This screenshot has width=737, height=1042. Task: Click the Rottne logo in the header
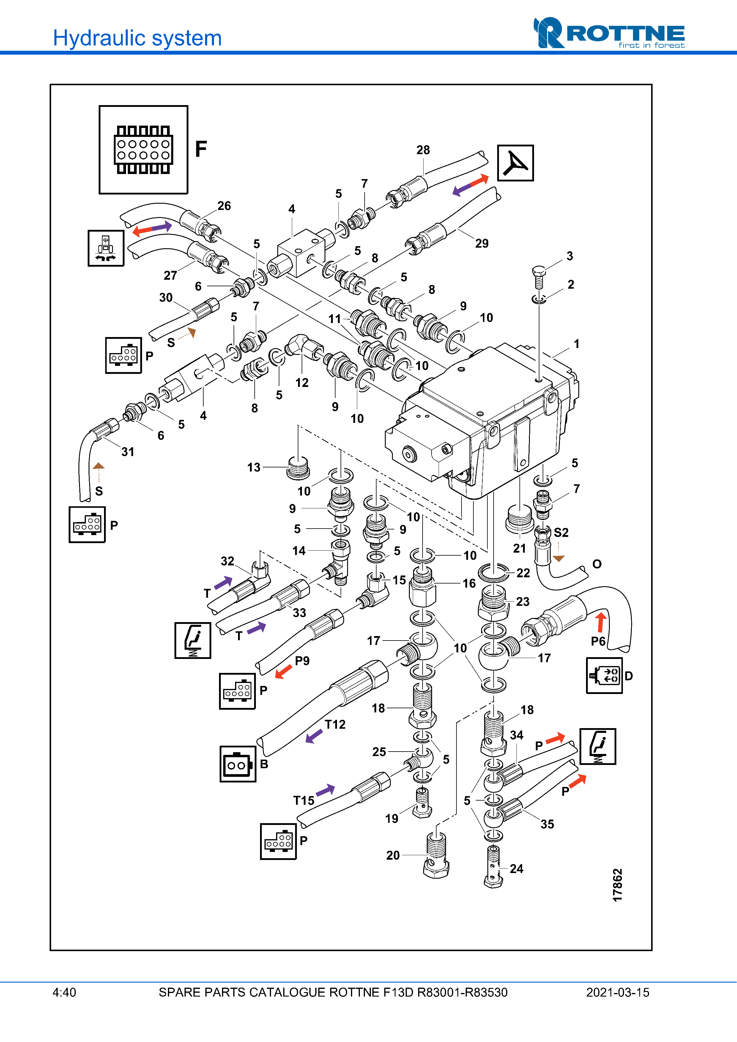(609, 33)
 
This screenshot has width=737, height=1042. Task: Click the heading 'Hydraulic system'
(137, 38)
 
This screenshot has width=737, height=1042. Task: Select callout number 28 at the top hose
(423, 150)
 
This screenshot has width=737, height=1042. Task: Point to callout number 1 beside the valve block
(576, 344)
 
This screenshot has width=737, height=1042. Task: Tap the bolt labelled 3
(538, 276)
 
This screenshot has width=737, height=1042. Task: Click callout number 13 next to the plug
(254, 467)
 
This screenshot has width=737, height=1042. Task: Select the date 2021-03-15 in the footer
(617, 992)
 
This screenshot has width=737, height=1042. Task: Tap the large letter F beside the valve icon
(201, 149)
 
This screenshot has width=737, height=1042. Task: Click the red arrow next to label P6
(601, 622)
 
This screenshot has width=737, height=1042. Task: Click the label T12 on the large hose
(335, 724)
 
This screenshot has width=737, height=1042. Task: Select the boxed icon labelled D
(604, 676)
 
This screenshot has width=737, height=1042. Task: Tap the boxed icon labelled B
(237, 764)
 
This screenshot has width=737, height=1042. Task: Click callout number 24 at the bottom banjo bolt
(516, 869)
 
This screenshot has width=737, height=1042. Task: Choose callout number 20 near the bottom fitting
(393, 856)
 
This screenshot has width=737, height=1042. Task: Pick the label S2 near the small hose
(561, 532)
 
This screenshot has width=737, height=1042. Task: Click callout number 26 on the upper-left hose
(224, 206)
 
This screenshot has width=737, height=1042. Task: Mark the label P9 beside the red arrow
(302, 661)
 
